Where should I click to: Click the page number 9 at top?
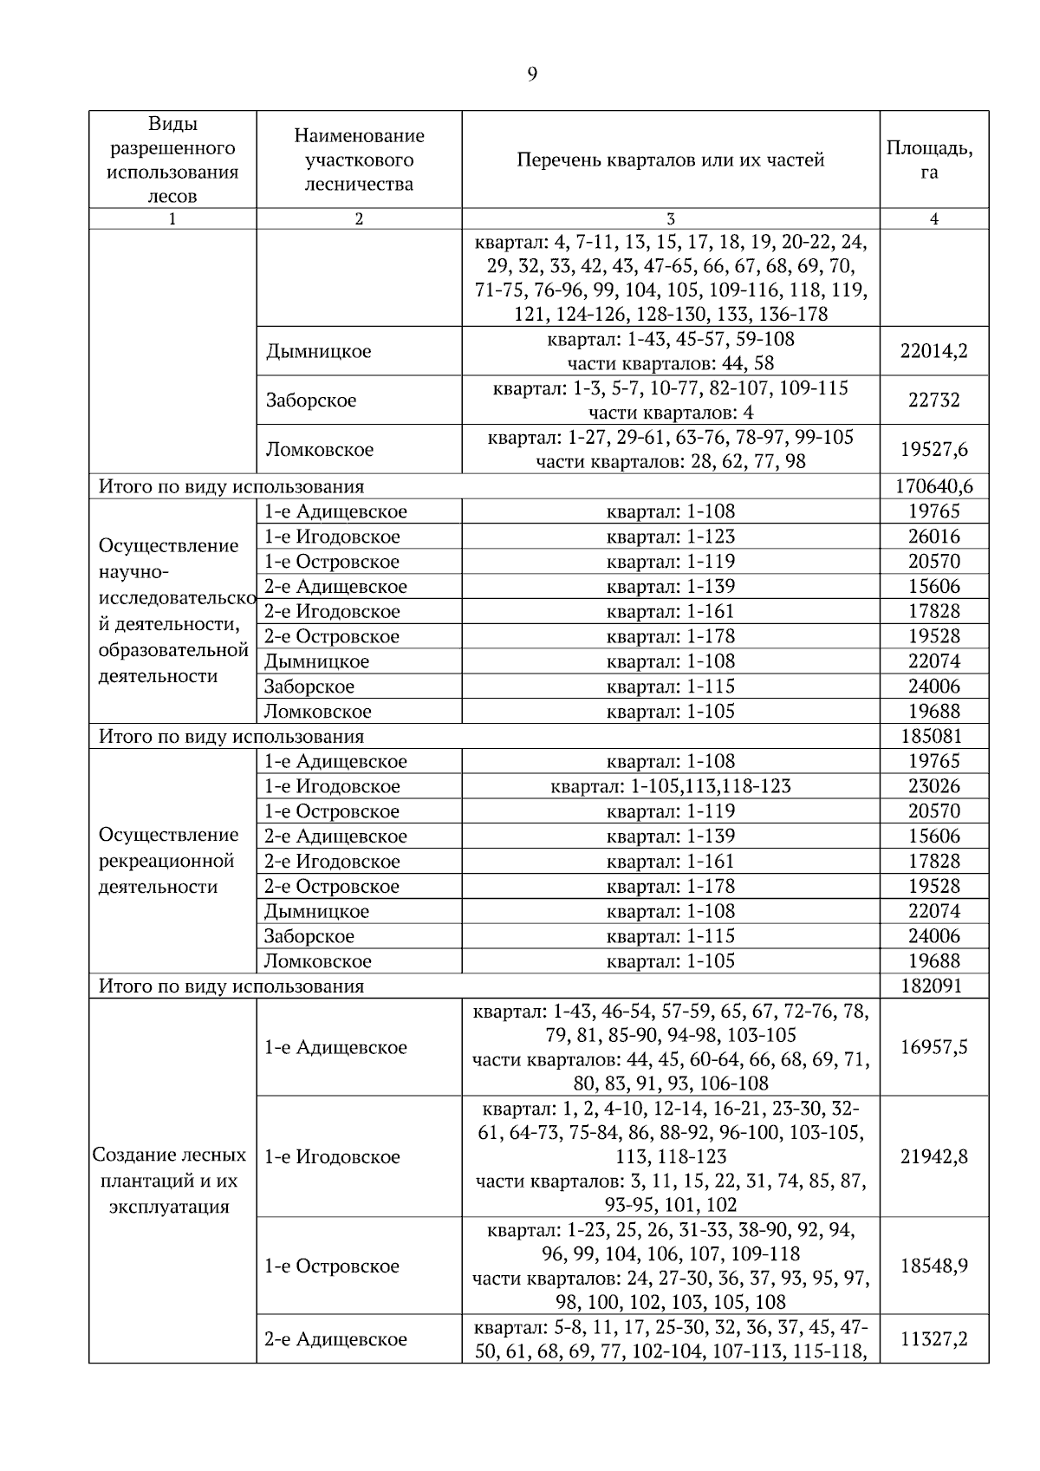coord(531,75)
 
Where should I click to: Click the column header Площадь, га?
coord(933,159)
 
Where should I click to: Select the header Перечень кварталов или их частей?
coord(670,159)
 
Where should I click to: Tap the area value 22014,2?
coord(933,351)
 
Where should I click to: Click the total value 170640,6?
coord(933,486)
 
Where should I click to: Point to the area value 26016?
coord(933,537)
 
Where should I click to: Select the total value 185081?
coord(933,737)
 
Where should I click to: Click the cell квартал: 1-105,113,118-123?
coord(670,786)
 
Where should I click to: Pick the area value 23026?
coord(933,786)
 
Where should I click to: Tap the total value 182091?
coord(933,986)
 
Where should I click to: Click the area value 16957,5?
coord(933,1047)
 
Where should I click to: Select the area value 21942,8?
coord(933,1156)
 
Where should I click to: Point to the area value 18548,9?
coord(933,1266)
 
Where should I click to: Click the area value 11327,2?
coord(933,1338)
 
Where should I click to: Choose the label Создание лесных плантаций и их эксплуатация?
coord(170,1181)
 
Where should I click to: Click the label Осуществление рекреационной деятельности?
coord(169,861)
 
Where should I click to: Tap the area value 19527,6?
coord(933,449)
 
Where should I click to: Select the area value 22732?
coord(933,400)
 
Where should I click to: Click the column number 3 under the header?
coord(670,219)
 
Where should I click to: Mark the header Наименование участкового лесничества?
coord(359,159)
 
